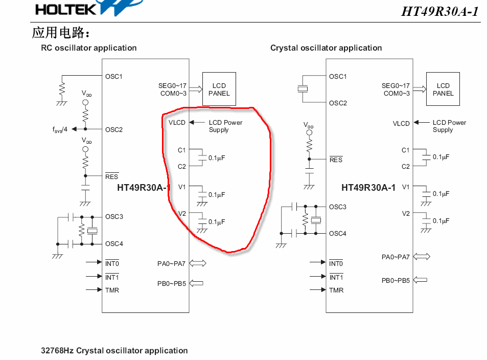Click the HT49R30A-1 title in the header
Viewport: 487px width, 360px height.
[440, 12]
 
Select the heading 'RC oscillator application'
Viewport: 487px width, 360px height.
[89, 48]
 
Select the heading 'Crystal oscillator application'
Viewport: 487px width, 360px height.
[326, 48]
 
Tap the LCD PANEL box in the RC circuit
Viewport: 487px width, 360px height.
[219, 89]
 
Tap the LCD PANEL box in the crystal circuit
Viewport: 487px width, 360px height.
[443, 89]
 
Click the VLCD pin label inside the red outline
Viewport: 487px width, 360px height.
[177, 123]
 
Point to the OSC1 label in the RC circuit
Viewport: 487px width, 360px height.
[114, 77]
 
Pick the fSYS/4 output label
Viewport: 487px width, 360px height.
[60, 129]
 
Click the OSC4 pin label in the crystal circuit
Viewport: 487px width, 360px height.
[338, 234]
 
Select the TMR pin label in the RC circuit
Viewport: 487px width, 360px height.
[112, 290]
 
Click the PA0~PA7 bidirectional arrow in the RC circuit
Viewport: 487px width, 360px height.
[197, 263]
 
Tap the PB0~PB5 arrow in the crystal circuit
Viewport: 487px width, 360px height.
[420, 280]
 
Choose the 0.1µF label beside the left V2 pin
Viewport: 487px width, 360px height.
[217, 222]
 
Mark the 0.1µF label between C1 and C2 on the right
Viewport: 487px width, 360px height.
[441, 157]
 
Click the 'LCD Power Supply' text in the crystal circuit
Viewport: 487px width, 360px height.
[449, 126]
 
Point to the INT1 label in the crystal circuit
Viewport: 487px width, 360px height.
[336, 277]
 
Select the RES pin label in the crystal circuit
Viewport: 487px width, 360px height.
[336, 160]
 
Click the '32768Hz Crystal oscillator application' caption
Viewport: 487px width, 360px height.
[114, 351]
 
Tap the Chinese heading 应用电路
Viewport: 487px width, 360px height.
[61, 33]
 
